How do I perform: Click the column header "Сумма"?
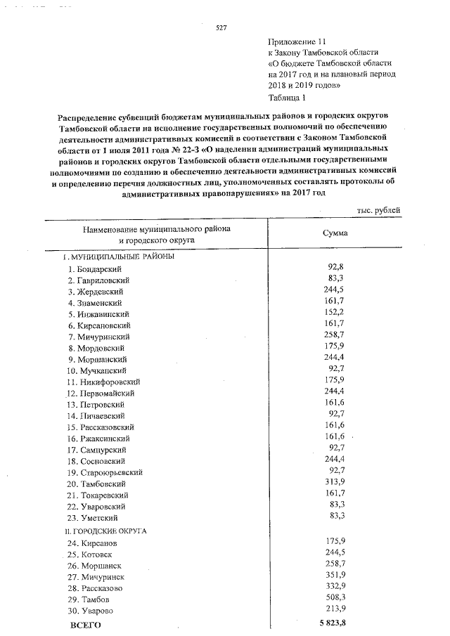335,234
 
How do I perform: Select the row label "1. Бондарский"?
96,269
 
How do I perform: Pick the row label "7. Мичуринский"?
98,337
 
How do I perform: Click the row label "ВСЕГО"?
84,624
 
